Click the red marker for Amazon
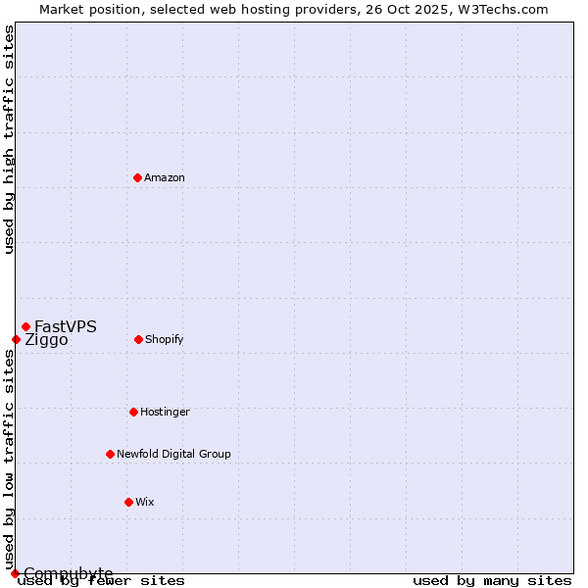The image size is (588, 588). (x=137, y=177)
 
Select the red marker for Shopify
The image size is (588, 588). (x=138, y=339)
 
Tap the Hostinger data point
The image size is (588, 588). (x=133, y=412)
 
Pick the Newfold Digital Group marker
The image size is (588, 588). (x=110, y=454)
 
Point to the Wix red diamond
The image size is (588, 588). (x=128, y=502)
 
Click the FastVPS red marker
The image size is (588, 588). (x=25, y=326)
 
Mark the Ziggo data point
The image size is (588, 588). (x=16, y=339)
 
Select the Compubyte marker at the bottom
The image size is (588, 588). (x=15, y=573)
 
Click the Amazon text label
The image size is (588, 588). (x=165, y=177)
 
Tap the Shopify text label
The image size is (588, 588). (x=165, y=339)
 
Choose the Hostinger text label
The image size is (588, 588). (x=165, y=412)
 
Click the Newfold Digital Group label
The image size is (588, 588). (x=173, y=454)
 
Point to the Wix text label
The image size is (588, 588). (x=145, y=502)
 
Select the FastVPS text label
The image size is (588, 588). (x=66, y=326)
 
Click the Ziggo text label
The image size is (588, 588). (x=46, y=340)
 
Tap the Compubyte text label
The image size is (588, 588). (x=69, y=573)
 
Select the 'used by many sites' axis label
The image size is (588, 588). (x=492, y=580)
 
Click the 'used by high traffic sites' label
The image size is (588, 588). (x=9, y=139)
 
